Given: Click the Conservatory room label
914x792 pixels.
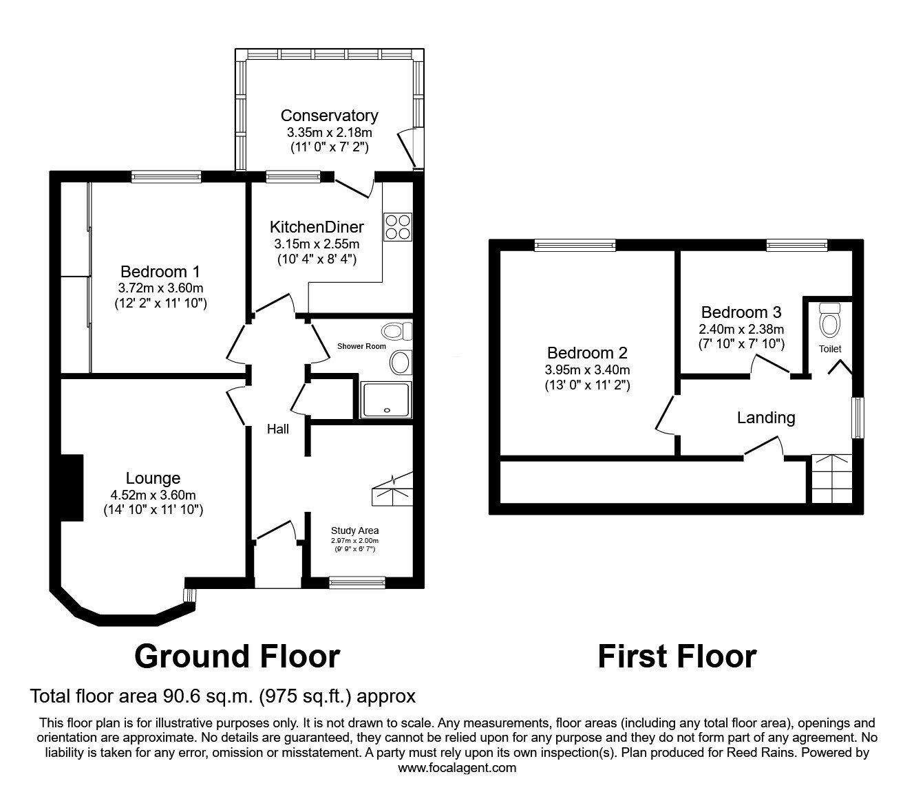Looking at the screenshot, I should [329, 116].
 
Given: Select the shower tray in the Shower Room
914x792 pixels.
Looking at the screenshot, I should [385, 400].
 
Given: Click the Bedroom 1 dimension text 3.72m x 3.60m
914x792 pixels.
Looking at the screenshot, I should [160, 288].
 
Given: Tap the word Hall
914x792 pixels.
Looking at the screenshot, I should [278, 429].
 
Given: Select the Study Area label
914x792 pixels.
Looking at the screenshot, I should [354, 530].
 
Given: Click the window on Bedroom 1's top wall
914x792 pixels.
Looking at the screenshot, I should [167, 177].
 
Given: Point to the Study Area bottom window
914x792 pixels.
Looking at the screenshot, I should [357, 582].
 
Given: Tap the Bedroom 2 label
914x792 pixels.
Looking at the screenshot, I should [587, 353].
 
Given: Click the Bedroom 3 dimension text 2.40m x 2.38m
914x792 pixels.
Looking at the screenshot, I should [741, 329].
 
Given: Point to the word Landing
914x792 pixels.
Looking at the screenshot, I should [766, 418].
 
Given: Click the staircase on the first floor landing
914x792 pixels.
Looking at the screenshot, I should [832, 479].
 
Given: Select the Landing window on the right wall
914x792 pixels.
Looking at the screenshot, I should [857, 417].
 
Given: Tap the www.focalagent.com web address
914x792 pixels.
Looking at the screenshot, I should [457, 768].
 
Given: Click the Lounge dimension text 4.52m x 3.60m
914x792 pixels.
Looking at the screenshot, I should [153, 495].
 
